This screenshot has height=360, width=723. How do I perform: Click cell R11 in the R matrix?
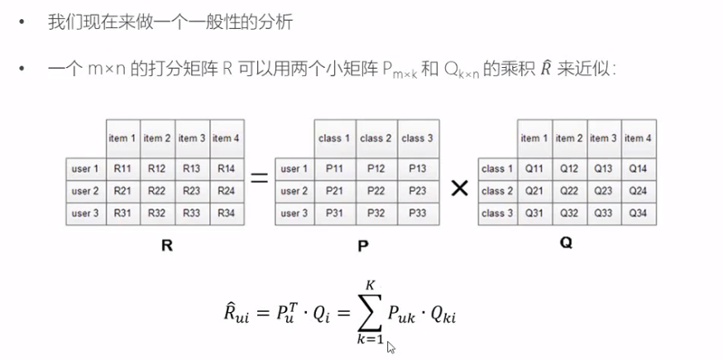tap(122, 169)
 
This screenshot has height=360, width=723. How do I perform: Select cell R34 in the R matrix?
tap(226, 212)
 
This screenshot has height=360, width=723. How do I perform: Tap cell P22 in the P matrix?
tap(376, 190)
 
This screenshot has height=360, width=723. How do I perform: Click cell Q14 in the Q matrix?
tap(637, 169)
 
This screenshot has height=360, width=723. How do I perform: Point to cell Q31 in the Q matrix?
tap(534, 212)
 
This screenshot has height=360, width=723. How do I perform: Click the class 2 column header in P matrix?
tap(376, 138)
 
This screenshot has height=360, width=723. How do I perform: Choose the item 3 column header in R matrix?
tap(192, 138)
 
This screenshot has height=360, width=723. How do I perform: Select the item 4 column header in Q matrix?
tap(637, 138)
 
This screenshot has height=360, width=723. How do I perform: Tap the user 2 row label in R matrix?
tap(85, 190)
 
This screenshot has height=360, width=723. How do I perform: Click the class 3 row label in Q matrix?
tap(497, 212)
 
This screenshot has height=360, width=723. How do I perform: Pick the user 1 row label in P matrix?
tap(294, 169)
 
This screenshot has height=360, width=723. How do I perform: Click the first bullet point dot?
tap(22, 22)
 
